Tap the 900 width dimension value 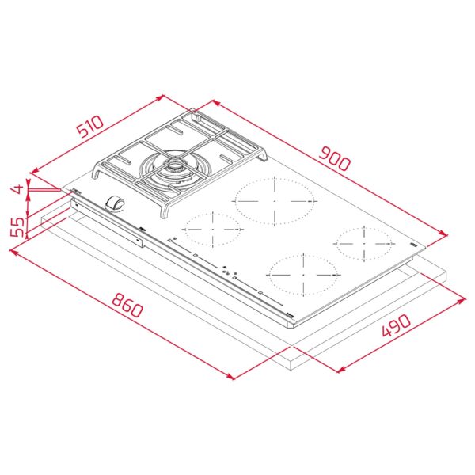click(335, 159)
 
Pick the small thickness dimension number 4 click(15, 189)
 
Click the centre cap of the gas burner click(173, 168)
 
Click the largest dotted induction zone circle click(273, 199)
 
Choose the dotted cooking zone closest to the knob click(211, 230)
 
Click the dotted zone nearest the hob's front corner click(302, 275)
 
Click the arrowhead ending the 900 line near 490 click(446, 234)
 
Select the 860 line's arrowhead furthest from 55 click(234, 377)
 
